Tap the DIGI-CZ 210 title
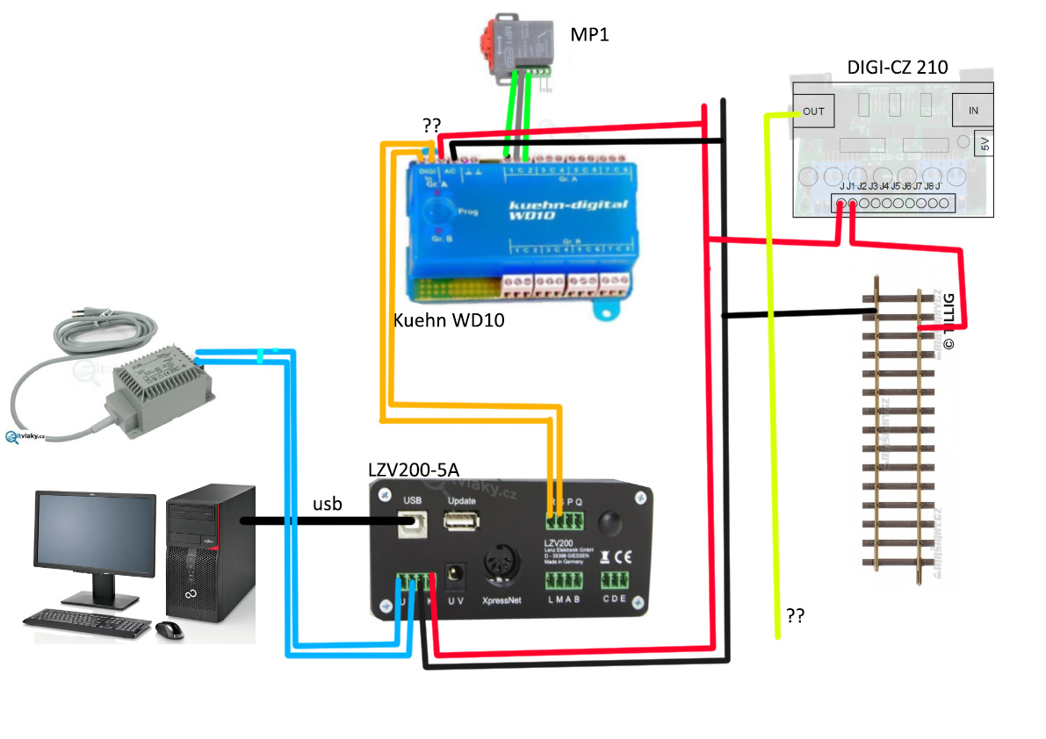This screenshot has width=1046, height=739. (897, 67)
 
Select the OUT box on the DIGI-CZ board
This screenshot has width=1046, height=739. (813, 111)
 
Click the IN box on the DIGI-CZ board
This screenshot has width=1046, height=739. (973, 111)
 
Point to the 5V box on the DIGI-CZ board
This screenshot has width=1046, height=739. (985, 143)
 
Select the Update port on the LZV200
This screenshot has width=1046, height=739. (461, 521)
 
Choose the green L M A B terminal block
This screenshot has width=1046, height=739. (563, 580)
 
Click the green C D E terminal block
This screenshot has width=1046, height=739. (617, 580)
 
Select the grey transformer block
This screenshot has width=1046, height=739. (162, 385)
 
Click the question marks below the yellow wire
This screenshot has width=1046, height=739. (796, 616)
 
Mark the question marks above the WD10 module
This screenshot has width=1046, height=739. (432, 126)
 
